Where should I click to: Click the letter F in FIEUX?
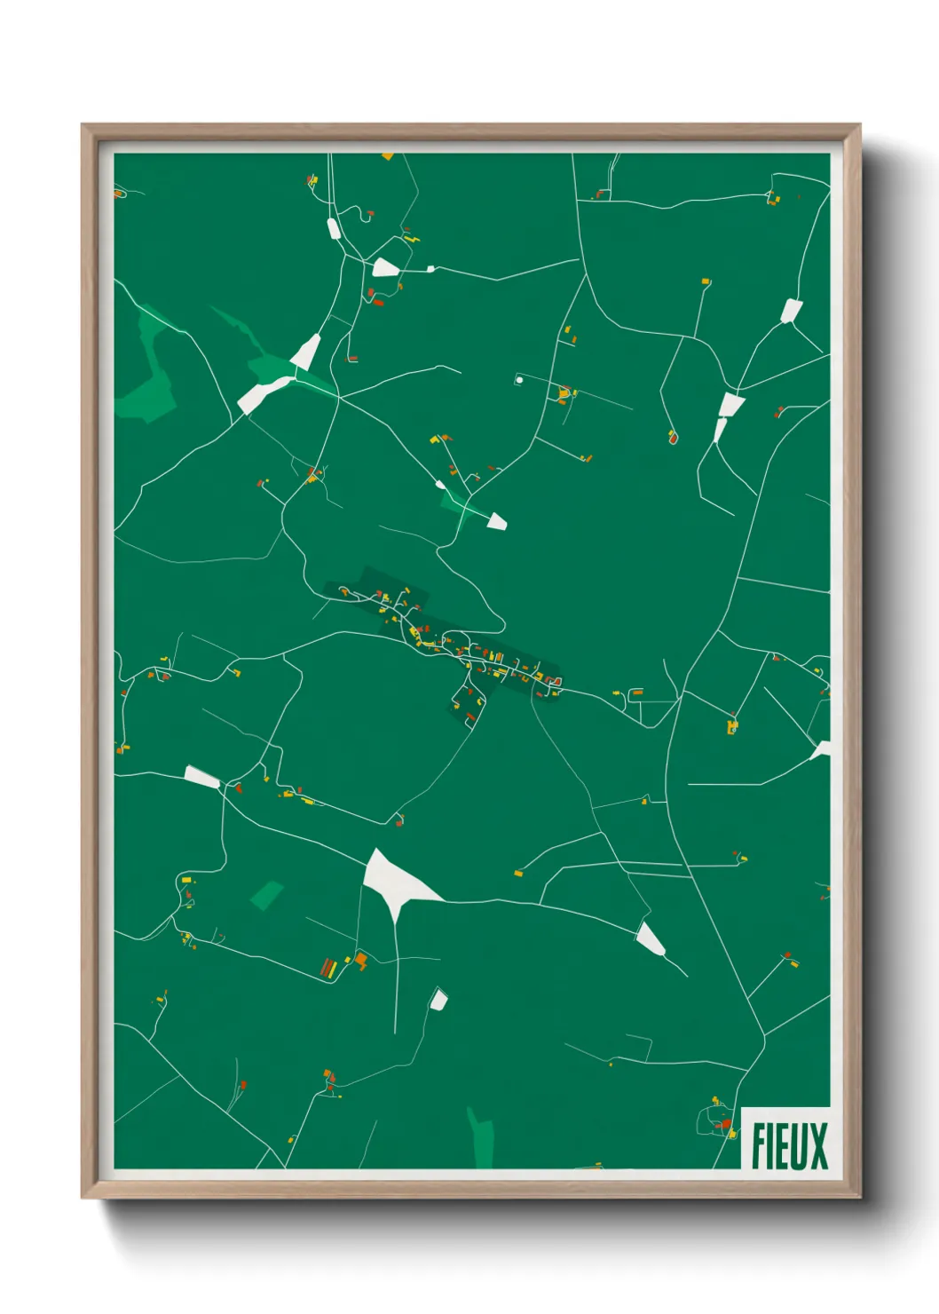pyautogui.click(x=760, y=1146)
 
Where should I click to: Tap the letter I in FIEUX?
pyautogui.click(x=772, y=1146)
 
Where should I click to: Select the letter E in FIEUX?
pyautogui.click(x=784, y=1146)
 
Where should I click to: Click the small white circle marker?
pyautogui.click(x=519, y=380)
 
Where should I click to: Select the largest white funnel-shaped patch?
pyautogui.click(x=395, y=879)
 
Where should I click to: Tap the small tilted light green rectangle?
pyautogui.click(x=266, y=895)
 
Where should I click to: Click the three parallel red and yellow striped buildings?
pyautogui.click(x=328, y=968)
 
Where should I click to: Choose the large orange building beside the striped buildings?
pyautogui.click(x=360, y=960)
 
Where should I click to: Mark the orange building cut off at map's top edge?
pyautogui.click(x=387, y=156)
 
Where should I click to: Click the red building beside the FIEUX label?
pyautogui.click(x=727, y=1124)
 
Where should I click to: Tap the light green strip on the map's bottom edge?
pyautogui.click(x=482, y=1141)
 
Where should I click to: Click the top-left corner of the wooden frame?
pyautogui.click(x=83, y=125)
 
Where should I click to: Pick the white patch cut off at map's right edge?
pyautogui.click(x=822, y=750)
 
